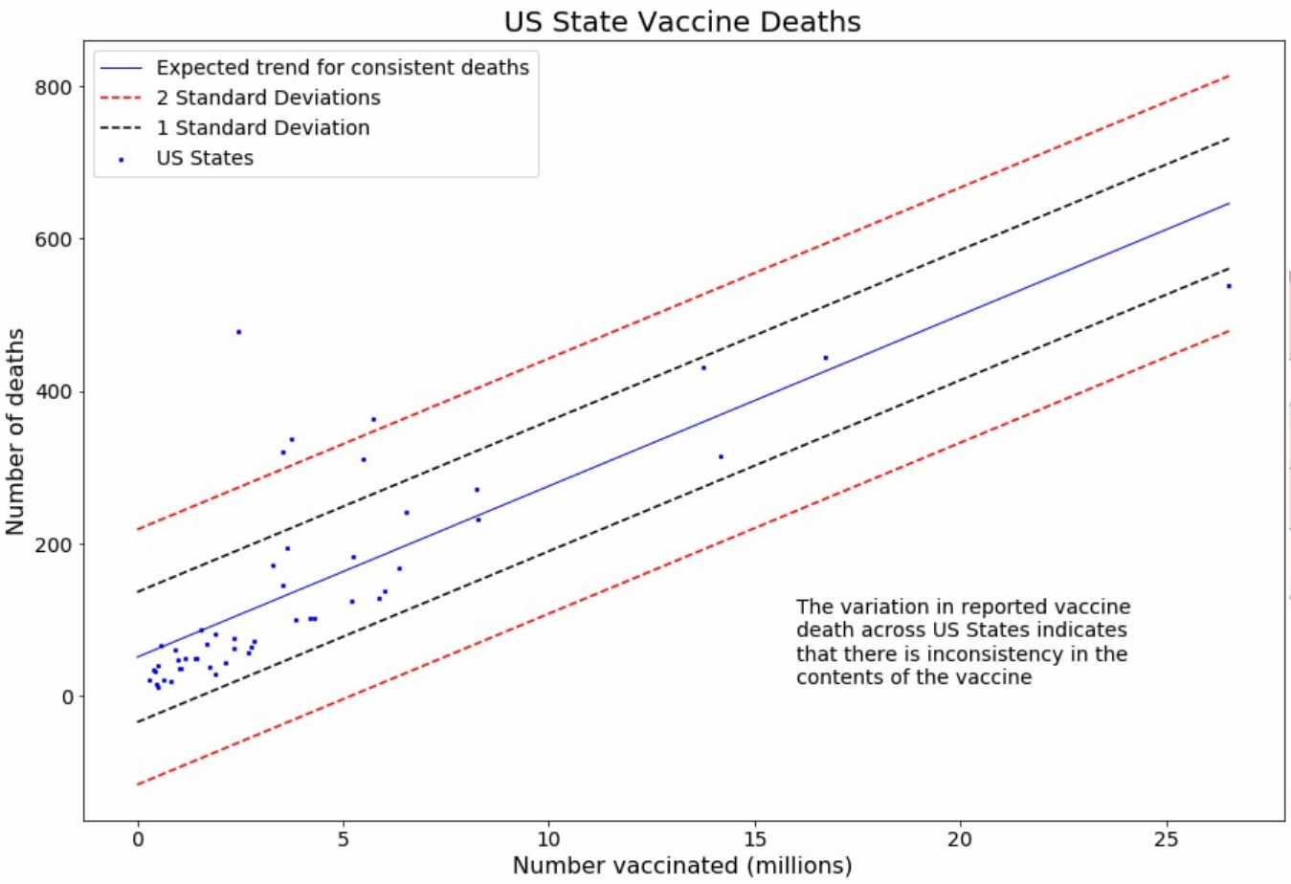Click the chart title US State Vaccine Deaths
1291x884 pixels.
pos(682,22)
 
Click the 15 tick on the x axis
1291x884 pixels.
pos(755,839)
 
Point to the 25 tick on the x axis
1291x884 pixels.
pos(1167,839)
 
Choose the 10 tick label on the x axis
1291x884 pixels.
pos(548,839)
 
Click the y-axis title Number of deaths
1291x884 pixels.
pos(15,431)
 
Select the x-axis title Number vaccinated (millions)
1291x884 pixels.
pos(682,866)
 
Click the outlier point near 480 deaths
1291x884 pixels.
pos(239,332)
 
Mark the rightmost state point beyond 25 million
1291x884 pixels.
pos(1229,286)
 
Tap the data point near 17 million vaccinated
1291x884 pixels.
pos(826,358)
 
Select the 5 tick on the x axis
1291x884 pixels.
pos(344,839)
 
